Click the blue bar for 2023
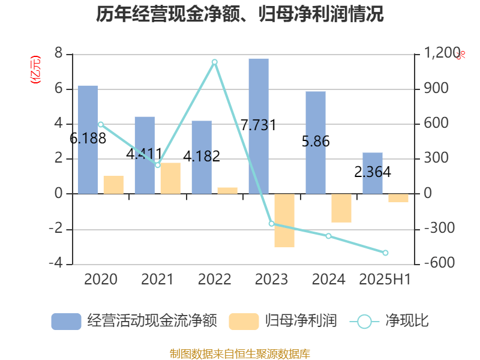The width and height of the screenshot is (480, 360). click(x=259, y=126)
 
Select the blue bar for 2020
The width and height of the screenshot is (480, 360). click(x=88, y=139)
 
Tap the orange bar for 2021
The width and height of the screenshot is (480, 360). click(x=170, y=178)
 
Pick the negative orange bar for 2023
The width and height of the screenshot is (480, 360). click(x=284, y=221)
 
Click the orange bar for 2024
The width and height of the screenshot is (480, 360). click(x=341, y=208)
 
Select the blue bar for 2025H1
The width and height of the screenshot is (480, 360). click(x=372, y=173)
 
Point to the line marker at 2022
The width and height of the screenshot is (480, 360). click(x=214, y=62)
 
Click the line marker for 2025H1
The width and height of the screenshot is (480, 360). click(x=386, y=253)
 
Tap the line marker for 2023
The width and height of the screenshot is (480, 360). click(x=271, y=224)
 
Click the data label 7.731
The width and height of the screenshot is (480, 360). click(x=258, y=125)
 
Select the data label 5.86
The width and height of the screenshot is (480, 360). click(x=316, y=142)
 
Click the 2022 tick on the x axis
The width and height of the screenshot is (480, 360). click(x=214, y=279)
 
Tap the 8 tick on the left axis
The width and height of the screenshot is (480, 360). click(x=58, y=54)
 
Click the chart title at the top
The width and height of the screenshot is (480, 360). click(x=240, y=14)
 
